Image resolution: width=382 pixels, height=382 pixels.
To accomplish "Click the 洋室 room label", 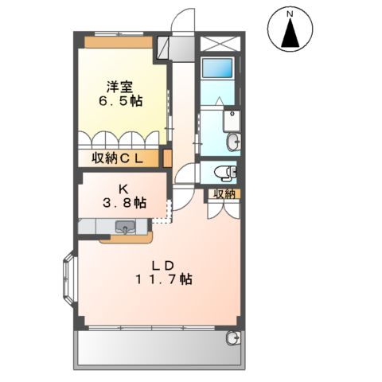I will (x=121, y=87).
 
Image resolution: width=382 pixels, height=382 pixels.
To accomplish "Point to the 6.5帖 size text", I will (x=121, y=103).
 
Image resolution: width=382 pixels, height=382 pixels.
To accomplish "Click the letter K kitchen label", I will (x=123, y=189).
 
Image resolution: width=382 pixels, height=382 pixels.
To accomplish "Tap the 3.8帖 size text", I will (x=123, y=204).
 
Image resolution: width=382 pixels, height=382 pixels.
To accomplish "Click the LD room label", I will (x=162, y=264).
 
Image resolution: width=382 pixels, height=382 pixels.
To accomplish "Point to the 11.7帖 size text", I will (x=162, y=279).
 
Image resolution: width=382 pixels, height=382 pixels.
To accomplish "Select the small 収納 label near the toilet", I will (x=223, y=193).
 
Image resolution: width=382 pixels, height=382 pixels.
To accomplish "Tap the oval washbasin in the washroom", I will (x=232, y=142).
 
